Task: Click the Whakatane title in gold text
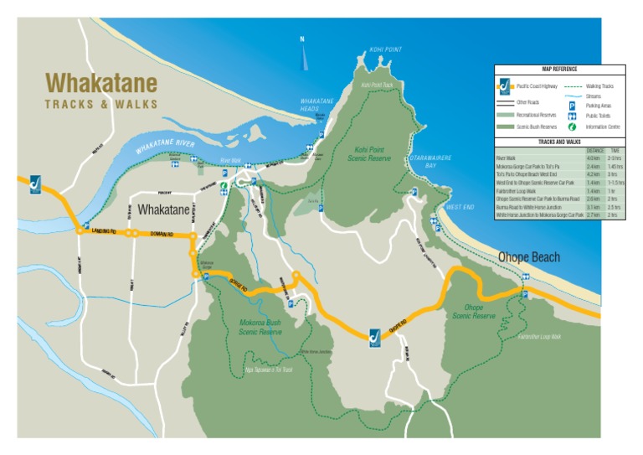pos(101,83)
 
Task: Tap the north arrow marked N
pos(302,54)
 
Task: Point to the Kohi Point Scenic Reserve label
pos(368,153)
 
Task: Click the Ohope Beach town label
pos(529,257)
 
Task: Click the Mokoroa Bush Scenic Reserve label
pos(260,326)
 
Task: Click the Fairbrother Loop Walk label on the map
pos(539,337)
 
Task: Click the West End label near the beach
pos(460,206)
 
